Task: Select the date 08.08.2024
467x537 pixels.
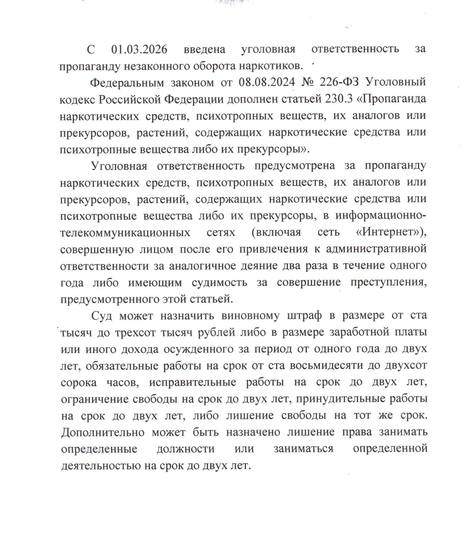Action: point(267,82)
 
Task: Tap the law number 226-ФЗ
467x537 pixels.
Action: point(339,82)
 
